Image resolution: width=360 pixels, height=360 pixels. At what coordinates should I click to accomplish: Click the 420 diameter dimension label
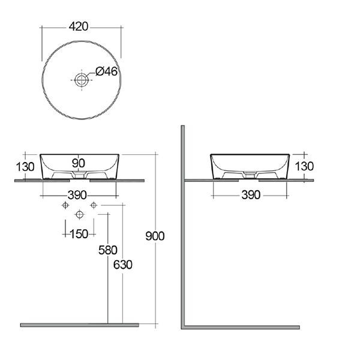tap(78, 26)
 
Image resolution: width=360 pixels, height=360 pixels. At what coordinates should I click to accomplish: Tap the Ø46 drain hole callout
tap(107, 71)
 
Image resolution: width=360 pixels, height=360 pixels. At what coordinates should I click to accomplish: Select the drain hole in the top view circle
tap(81, 80)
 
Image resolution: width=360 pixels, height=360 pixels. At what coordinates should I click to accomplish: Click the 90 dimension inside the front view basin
tap(79, 163)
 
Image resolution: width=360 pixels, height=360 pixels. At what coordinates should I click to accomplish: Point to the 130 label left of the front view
tap(25, 167)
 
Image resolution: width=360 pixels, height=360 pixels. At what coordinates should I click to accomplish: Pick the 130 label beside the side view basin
tap(304, 166)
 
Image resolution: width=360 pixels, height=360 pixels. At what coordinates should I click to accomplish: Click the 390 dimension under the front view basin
tap(77, 195)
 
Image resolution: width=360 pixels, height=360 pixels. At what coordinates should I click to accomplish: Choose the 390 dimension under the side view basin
tap(251, 195)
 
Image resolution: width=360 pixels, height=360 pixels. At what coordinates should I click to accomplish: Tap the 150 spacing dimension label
tap(79, 234)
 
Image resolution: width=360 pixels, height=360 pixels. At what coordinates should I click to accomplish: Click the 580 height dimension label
tap(108, 250)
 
